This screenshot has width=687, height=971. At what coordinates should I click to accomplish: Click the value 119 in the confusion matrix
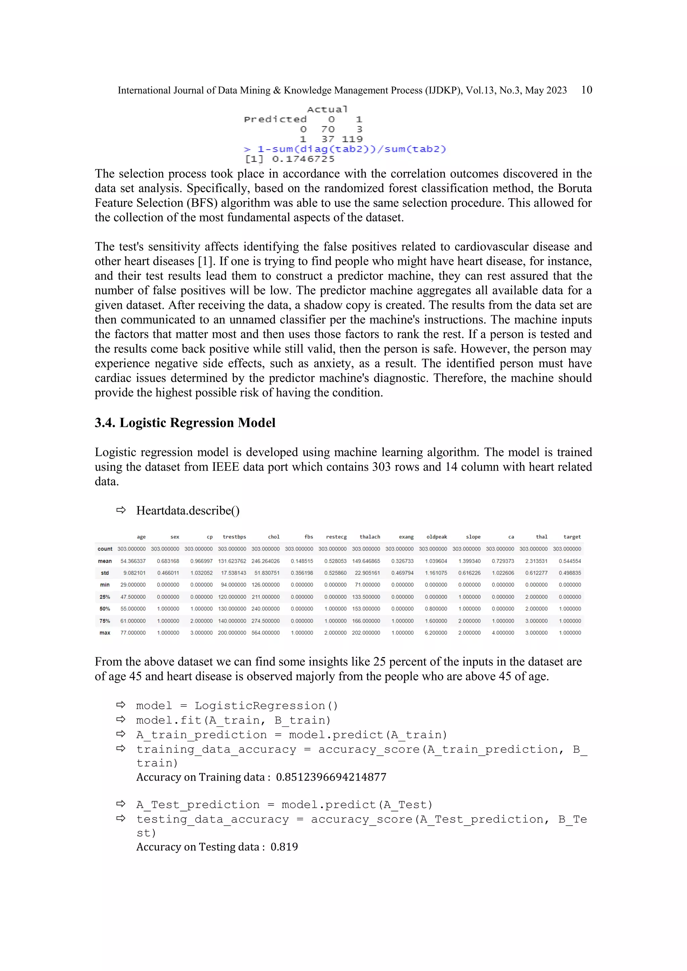352,139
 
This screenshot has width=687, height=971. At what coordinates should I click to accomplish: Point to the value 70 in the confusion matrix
327,129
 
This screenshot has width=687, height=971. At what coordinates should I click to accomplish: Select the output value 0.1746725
303,159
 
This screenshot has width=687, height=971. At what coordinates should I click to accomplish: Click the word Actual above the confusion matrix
327,110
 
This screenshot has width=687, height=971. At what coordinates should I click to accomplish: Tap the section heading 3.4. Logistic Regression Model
185,422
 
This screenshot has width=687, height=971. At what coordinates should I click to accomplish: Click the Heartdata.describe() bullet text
188,510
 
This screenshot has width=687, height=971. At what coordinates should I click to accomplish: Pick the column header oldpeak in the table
436,537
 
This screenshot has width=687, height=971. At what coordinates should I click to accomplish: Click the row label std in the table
105,573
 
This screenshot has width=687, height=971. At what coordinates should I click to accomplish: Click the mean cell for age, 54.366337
133,561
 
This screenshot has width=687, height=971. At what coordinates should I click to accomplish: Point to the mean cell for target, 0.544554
569,561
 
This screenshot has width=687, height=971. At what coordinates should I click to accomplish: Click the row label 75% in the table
105,621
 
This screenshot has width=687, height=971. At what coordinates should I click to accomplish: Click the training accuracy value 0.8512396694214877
331,777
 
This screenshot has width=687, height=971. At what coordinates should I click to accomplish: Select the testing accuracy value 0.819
284,847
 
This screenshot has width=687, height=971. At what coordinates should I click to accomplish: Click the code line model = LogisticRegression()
237,706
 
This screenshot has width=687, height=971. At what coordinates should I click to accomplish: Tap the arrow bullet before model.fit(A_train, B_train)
121,720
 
